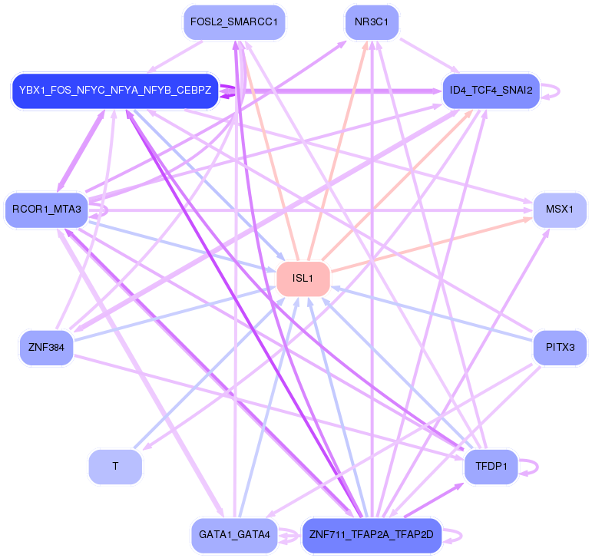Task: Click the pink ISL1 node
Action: (x=304, y=279)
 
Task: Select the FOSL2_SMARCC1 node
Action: (x=234, y=23)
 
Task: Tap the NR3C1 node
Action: (x=372, y=23)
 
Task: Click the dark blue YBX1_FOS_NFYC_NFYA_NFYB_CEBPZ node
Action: (x=115, y=91)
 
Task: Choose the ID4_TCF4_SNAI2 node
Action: (x=491, y=91)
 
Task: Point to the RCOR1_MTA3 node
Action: (x=47, y=210)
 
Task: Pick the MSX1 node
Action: (x=560, y=210)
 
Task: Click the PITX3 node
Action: (x=560, y=348)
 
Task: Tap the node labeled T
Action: (x=115, y=466)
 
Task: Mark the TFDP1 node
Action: (x=491, y=466)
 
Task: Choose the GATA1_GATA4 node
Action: (x=234, y=534)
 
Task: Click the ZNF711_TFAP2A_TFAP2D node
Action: (x=372, y=534)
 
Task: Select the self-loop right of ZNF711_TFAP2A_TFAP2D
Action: (x=456, y=534)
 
